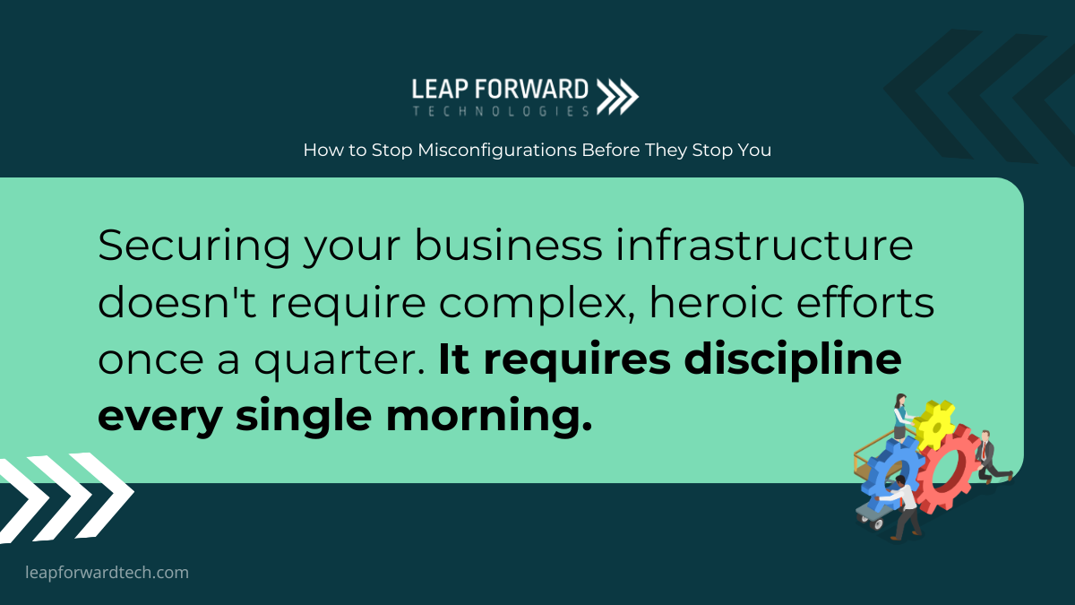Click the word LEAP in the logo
(x=440, y=90)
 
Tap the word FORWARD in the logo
(x=531, y=90)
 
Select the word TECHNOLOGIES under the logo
(x=501, y=111)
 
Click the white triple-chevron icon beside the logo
(x=617, y=97)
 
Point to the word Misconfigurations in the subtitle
(x=496, y=151)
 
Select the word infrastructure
(x=764, y=246)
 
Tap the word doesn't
(x=177, y=303)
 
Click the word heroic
(x=716, y=303)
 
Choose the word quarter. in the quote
(x=340, y=361)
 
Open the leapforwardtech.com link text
(x=107, y=573)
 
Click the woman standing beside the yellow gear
(x=901, y=417)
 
